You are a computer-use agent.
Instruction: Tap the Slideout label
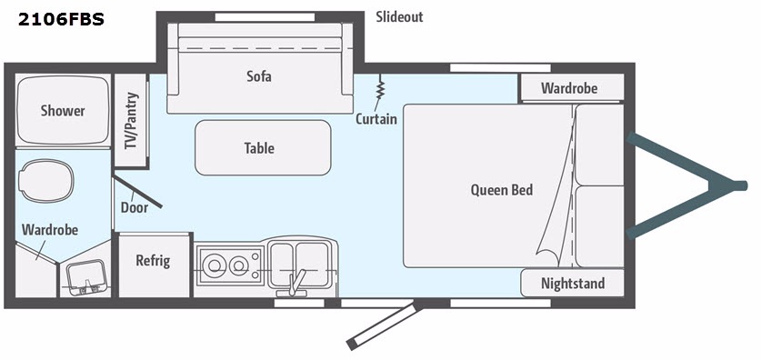pyautogui.click(x=399, y=17)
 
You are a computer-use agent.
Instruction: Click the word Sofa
pyautogui.click(x=259, y=76)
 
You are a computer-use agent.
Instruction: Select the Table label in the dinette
pyautogui.click(x=259, y=148)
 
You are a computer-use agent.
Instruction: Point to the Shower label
pyautogui.click(x=63, y=111)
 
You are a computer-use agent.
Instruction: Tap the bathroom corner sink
pyautogui.click(x=88, y=275)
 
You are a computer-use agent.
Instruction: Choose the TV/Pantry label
pyautogui.click(x=132, y=121)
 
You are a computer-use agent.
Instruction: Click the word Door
pyautogui.click(x=135, y=207)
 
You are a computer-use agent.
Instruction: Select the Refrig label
pyautogui.click(x=153, y=261)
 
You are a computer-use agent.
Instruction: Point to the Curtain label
pyautogui.click(x=376, y=119)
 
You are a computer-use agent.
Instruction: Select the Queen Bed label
pyautogui.click(x=502, y=190)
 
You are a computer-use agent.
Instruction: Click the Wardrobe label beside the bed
pyautogui.click(x=569, y=88)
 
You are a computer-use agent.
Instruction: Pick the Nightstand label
pyautogui.click(x=573, y=284)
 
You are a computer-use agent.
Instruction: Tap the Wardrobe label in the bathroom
pyautogui.click(x=48, y=230)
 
